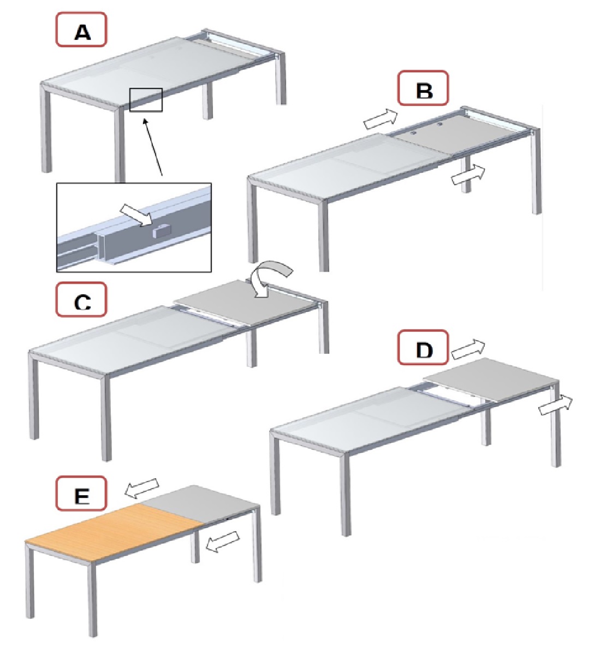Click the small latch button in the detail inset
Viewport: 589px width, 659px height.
tap(162, 231)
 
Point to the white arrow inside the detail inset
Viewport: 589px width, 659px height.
tap(136, 213)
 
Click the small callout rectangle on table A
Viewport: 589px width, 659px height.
tap(146, 100)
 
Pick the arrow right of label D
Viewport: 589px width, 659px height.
tap(468, 349)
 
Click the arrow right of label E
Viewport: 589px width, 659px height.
tap(142, 488)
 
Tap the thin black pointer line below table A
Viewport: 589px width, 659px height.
tap(153, 147)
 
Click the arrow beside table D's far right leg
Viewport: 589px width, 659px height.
tap(556, 405)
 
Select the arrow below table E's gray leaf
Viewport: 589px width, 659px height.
tap(223, 541)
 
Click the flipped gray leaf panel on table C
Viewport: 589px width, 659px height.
tap(244, 302)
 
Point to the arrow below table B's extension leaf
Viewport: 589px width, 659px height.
tap(468, 174)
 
